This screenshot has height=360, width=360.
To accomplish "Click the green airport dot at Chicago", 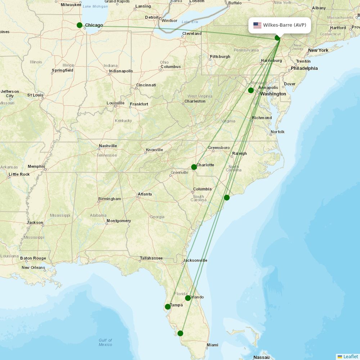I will click(80, 25).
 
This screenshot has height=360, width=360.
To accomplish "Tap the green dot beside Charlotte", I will click(194, 167).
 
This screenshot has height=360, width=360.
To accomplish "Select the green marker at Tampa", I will click(168, 307).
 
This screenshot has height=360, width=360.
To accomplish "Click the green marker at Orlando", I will click(188, 298).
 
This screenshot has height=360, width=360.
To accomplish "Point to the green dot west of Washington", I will click(251, 90).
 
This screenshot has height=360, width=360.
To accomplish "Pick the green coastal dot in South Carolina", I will click(227, 197).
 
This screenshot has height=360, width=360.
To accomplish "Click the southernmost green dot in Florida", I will click(180, 333).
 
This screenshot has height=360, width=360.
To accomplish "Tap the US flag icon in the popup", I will click(257, 25).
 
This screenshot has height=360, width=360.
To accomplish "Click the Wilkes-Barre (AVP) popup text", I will click(284, 25).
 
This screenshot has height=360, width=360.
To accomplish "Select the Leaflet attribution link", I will click(351, 356).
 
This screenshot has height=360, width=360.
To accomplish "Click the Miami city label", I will click(212, 345).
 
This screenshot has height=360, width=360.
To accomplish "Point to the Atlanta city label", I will click(145, 194).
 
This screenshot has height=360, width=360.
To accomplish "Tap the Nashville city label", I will click(108, 146).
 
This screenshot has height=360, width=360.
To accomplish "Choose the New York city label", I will click(318, 50).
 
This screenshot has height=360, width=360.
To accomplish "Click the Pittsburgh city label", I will click(220, 57).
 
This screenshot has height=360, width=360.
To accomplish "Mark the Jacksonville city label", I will click(195, 260).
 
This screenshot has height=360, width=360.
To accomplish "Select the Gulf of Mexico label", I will click(105, 342).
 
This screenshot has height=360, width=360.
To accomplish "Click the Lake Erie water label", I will click(190, 22).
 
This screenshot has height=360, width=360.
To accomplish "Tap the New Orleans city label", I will click(33, 267).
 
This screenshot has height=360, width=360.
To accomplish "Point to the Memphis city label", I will click(36, 166).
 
